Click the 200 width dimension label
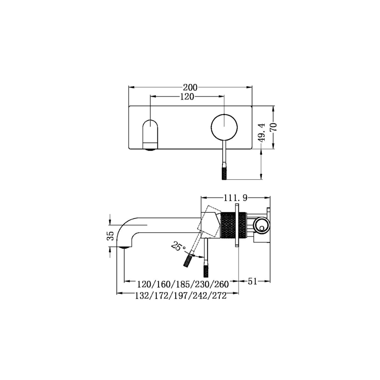190,88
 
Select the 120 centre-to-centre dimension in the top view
187,97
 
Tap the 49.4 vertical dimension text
261,132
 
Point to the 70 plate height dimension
273,127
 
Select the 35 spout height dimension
110,235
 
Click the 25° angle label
178,246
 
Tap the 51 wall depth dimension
253,281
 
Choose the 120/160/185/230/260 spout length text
183,284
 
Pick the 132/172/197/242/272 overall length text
180,296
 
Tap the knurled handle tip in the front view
224,171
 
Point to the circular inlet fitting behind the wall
261,225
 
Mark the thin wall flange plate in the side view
237,225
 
